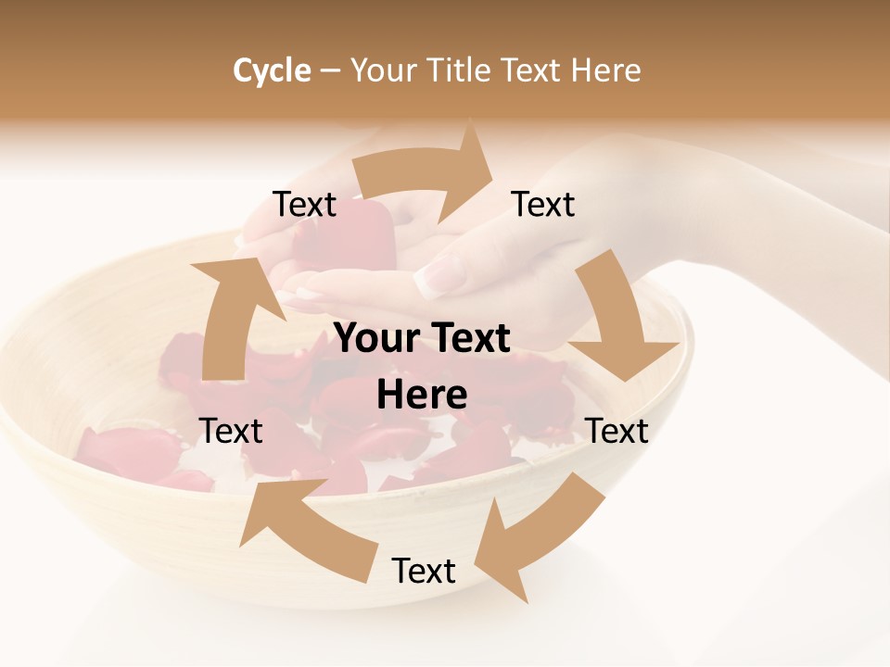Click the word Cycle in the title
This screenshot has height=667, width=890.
click(x=272, y=70)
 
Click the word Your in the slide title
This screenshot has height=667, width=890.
click(x=383, y=70)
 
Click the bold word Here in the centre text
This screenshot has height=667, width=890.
click(x=422, y=396)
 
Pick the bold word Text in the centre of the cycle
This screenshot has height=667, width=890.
click(x=468, y=339)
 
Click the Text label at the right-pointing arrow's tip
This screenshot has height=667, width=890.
click(x=543, y=204)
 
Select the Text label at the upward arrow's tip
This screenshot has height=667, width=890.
click(x=304, y=204)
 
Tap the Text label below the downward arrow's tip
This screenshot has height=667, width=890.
click(x=617, y=431)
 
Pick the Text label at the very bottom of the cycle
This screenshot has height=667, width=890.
click(x=424, y=571)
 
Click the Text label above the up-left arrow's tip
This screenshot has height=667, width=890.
click(x=231, y=431)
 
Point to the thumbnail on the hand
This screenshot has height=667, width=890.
click(x=440, y=275)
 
